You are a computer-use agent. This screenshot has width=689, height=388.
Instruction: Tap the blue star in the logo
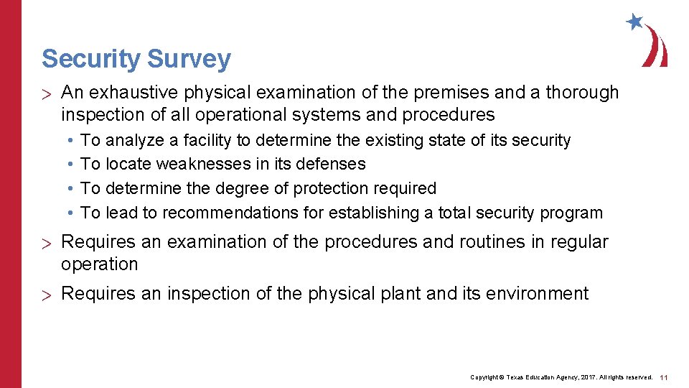click(634, 21)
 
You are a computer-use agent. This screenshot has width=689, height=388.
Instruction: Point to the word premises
click(421, 93)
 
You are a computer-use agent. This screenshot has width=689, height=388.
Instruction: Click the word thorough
click(582, 93)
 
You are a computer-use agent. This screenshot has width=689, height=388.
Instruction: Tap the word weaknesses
click(202, 165)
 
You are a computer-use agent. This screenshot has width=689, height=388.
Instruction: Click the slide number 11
click(664, 377)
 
